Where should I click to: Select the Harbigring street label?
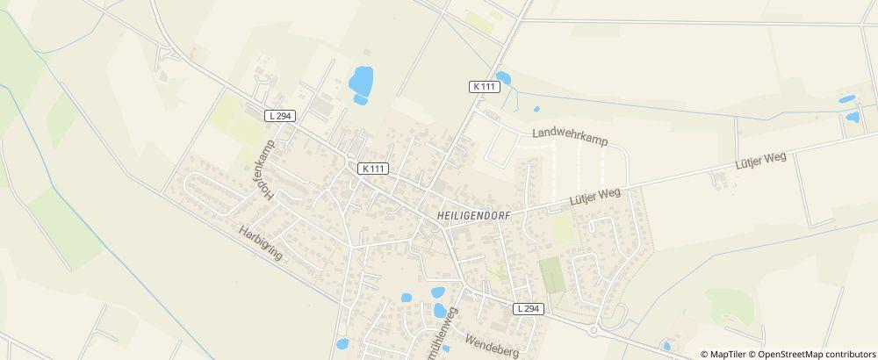point(261,241)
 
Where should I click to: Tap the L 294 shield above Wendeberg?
point(529,308)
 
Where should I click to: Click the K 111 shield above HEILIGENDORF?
point(373,167)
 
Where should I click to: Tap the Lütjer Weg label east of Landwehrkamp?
point(759,162)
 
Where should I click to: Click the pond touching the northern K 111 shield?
point(502,77)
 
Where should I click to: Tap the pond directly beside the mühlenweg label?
point(439,310)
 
